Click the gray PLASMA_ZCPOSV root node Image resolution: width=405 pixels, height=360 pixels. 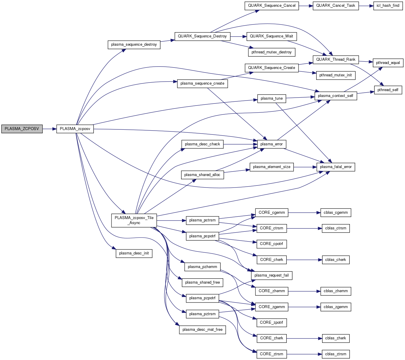coord(22,129)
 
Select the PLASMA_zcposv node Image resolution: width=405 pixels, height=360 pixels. coord(75,129)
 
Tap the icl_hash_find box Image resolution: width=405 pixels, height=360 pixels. coord(388,6)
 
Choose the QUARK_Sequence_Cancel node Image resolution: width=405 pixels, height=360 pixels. coord(272,6)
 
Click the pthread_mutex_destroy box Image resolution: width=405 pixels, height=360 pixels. coord(271,52)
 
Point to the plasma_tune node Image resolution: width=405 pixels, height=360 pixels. coord(272,98)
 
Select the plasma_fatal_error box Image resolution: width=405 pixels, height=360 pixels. coord(336,167)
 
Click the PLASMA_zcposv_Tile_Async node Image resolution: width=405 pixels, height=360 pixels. coord(134,220)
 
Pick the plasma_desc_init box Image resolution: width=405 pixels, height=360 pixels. coord(134,253)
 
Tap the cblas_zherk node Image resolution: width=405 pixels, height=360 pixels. coord(335,338)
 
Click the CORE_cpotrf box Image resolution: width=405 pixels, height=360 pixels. coord(271,244)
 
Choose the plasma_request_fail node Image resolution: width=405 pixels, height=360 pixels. coord(272,275)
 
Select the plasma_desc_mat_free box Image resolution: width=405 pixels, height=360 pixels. coord(202,330)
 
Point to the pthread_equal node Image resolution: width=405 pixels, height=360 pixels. coord(388,63)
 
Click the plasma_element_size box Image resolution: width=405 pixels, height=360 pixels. coord(272,167)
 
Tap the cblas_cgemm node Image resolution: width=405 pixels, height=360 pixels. coord(336,213)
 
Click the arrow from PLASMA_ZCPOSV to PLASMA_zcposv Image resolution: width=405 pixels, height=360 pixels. coord(49,129)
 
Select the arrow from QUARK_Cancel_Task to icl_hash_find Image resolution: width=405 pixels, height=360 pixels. coord(366,6)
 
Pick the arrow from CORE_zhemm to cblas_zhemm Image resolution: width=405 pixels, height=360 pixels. coord(304,291)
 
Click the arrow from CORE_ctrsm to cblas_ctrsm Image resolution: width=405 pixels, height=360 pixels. coord(304,228)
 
